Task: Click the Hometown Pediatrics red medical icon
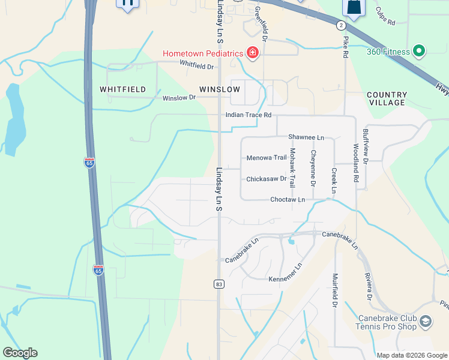tap(253, 53)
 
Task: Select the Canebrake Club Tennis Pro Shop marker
tap(426, 322)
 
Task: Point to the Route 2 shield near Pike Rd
tap(341, 25)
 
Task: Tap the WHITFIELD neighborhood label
tap(122, 89)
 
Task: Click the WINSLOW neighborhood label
tap(220, 89)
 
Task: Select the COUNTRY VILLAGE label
tap(387, 99)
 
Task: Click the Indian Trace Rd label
tap(249, 115)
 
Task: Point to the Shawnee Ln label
tap(306, 137)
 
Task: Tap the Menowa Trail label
tap(267, 158)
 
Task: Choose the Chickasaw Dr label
tap(267, 179)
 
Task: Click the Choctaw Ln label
tap(288, 199)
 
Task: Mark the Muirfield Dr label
tap(334, 290)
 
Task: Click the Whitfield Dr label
tap(196, 65)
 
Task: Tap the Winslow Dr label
tap(179, 97)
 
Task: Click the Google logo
tap(20, 353)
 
